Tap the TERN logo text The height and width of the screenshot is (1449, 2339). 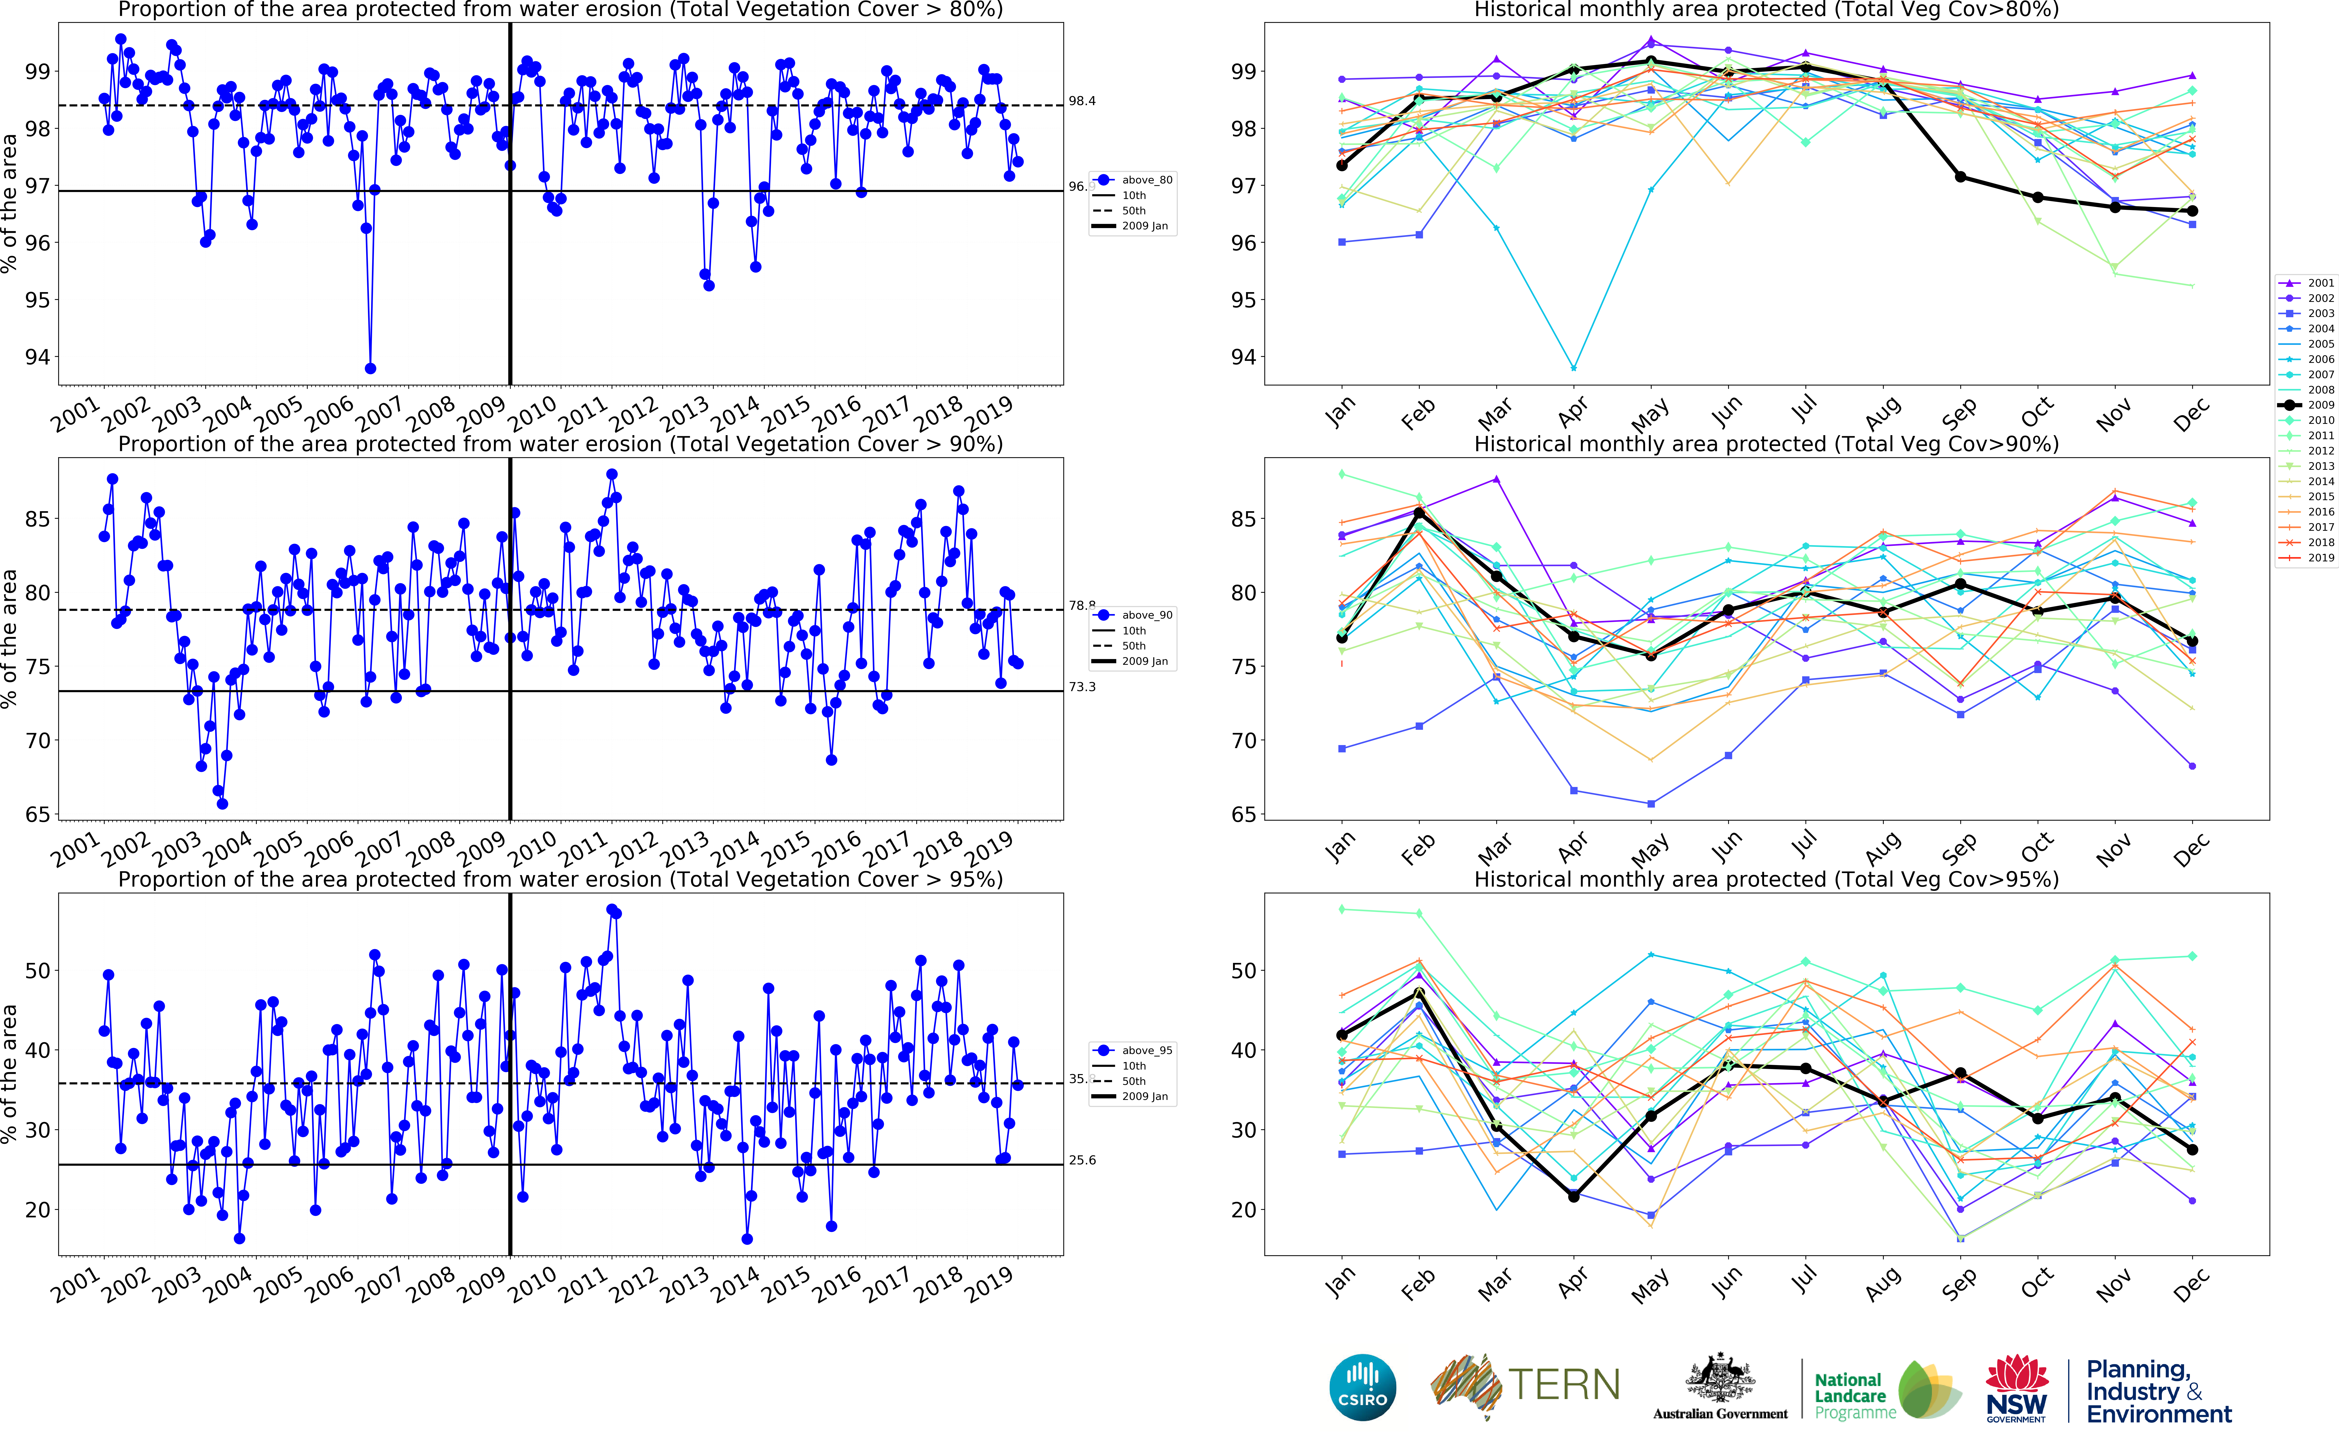click(x=1564, y=1385)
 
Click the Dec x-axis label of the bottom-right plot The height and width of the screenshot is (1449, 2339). click(x=2191, y=1284)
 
